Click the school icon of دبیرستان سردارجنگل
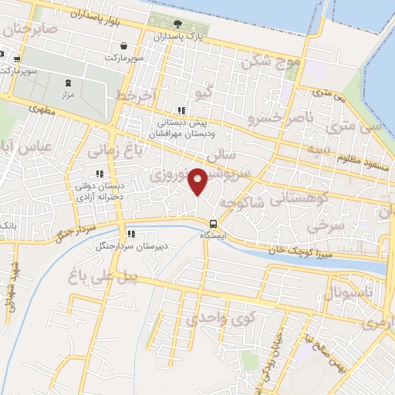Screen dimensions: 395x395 [x=131, y=234]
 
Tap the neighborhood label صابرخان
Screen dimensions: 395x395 [x=30, y=29]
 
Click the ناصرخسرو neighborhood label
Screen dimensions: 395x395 [x=276, y=119]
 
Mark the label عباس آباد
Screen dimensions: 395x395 [x=24, y=147]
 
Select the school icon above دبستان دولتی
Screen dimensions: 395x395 [x=98, y=174]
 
